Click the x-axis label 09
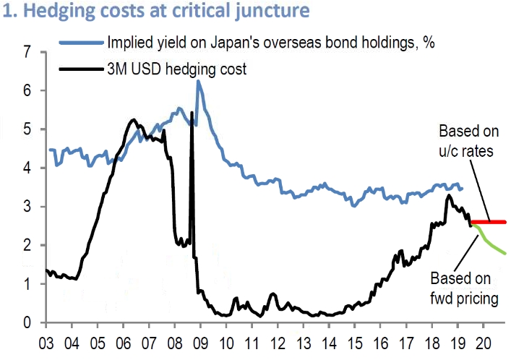(x=199, y=342)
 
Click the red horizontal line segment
(x=489, y=222)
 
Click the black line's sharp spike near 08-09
(x=192, y=113)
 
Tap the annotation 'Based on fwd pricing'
(x=463, y=288)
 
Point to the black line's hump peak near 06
(x=133, y=119)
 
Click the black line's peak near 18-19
(x=449, y=195)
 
